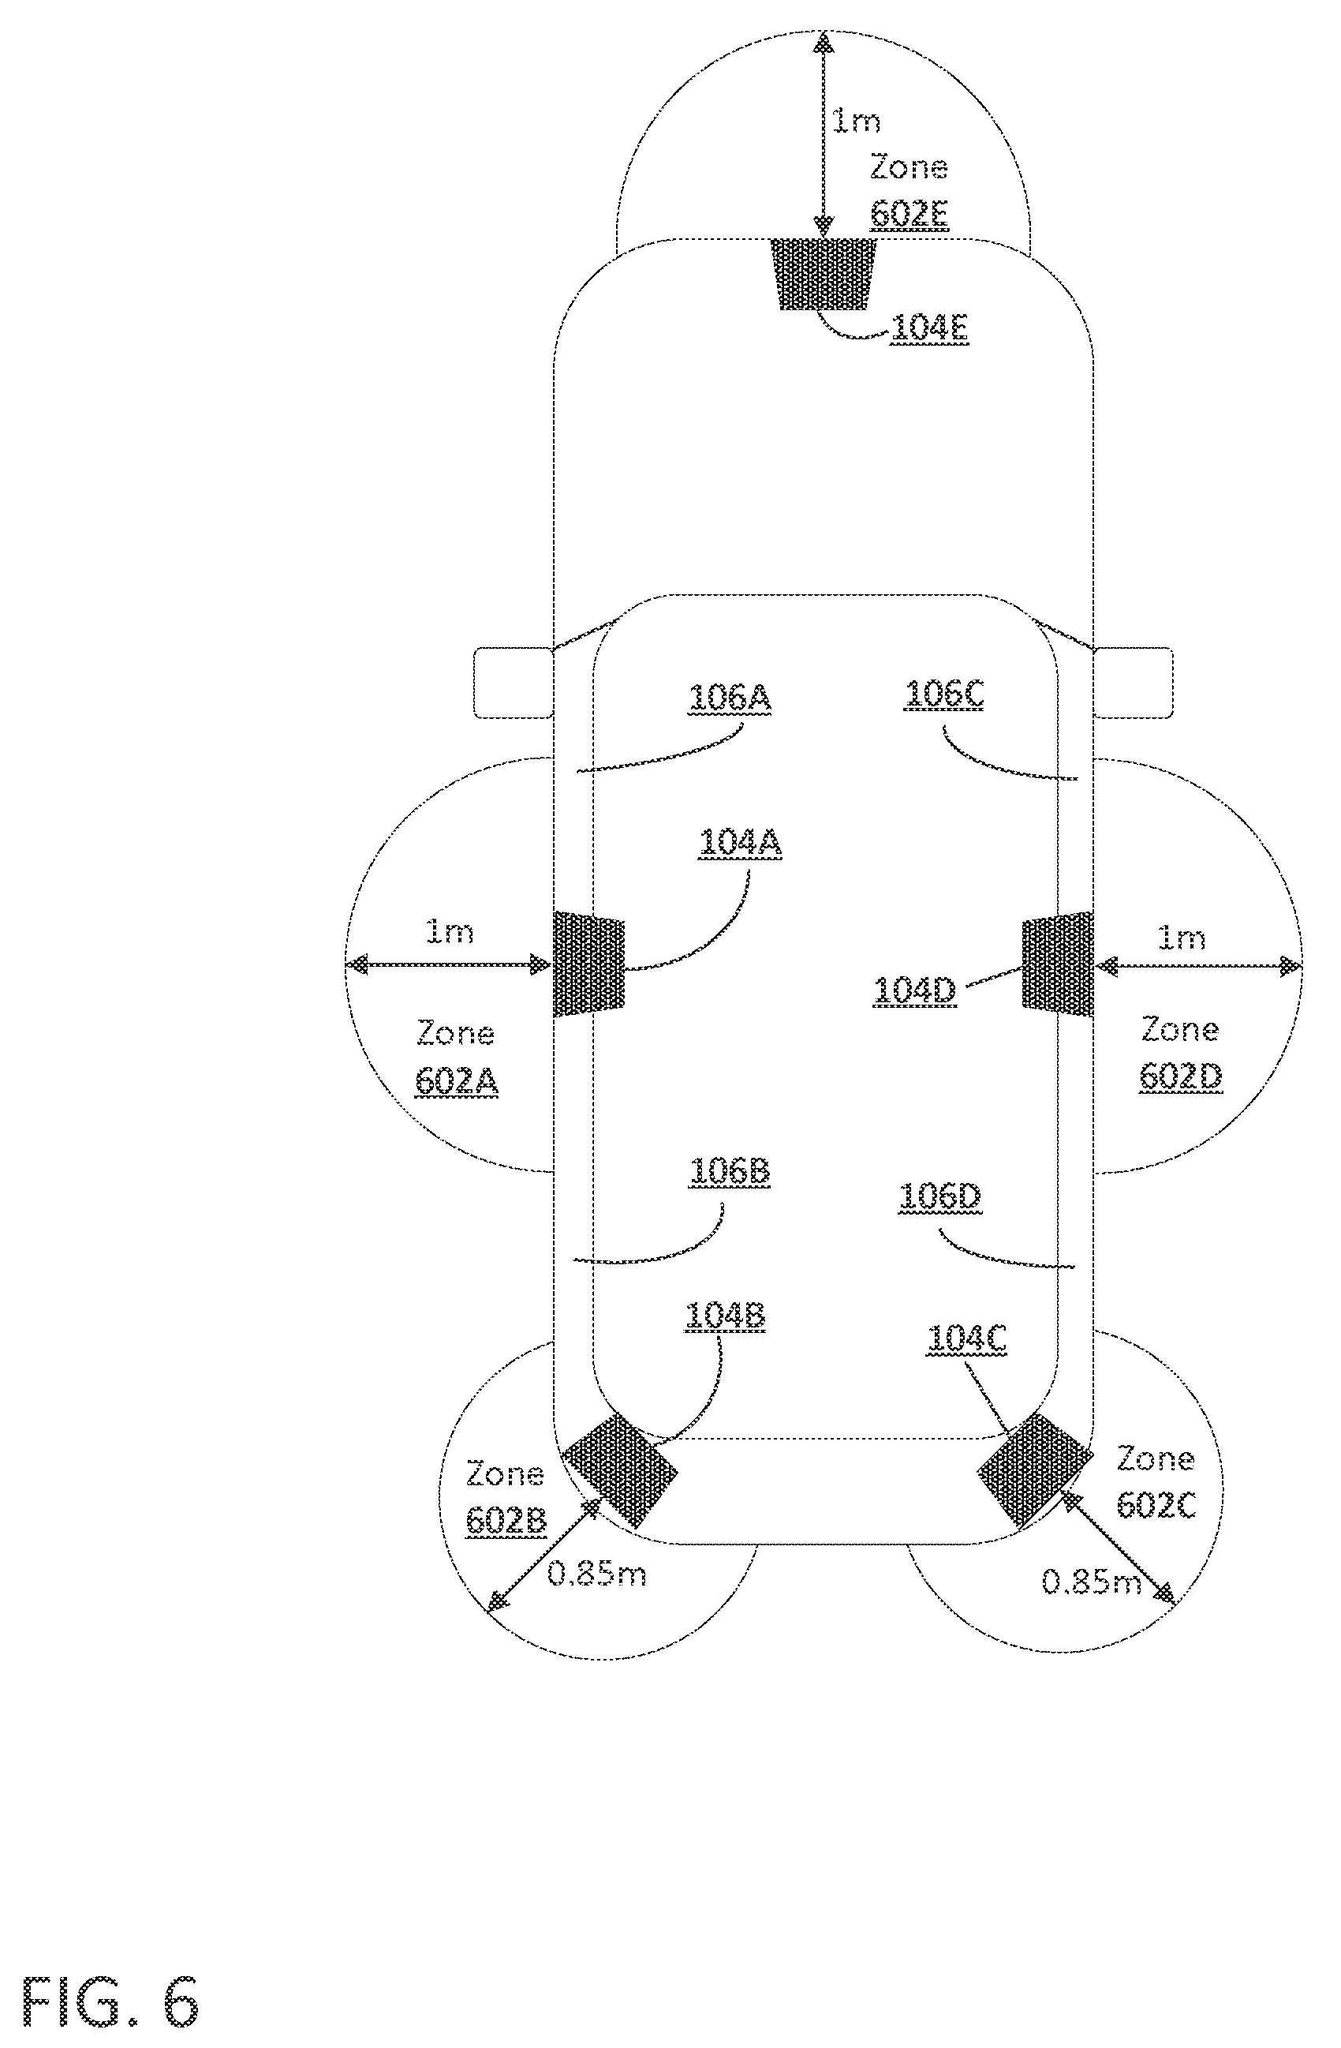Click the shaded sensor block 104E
click(824, 274)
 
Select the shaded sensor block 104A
click(588, 963)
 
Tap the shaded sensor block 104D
click(1057, 963)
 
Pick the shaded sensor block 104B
click(618, 1470)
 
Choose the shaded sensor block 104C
click(1035, 1470)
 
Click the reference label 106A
click(730, 697)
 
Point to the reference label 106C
click(943, 695)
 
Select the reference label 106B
click(730, 1171)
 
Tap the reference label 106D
click(939, 1196)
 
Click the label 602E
click(910, 213)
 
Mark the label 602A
click(456, 1080)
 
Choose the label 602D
click(1180, 1076)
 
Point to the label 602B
click(506, 1522)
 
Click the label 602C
click(1156, 1505)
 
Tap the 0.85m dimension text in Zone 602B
click(596, 1574)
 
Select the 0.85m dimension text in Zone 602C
click(1091, 1581)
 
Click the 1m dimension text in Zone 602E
click(856, 121)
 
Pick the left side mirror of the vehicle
click(514, 683)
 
